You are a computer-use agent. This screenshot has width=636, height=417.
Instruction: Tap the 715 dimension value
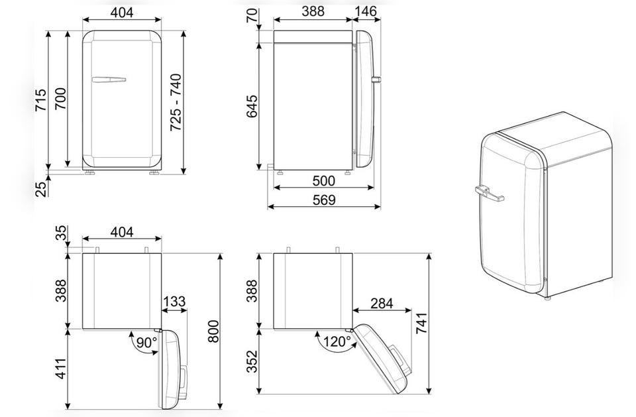tap(40, 101)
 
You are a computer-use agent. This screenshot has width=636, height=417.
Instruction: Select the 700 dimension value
tap(60, 99)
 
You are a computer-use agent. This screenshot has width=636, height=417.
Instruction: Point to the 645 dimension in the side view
tap(252, 106)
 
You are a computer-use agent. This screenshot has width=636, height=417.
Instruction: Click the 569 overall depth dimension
tap(325, 200)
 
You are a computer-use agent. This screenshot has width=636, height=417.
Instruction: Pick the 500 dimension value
tap(324, 181)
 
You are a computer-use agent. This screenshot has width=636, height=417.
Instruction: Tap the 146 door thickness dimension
tap(366, 11)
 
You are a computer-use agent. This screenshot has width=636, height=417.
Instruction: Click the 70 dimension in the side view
tap(252, 15)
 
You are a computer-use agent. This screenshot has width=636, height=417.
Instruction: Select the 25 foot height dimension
tap(41, 189)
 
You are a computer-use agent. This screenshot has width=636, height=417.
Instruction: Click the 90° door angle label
tap(146, 343)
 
